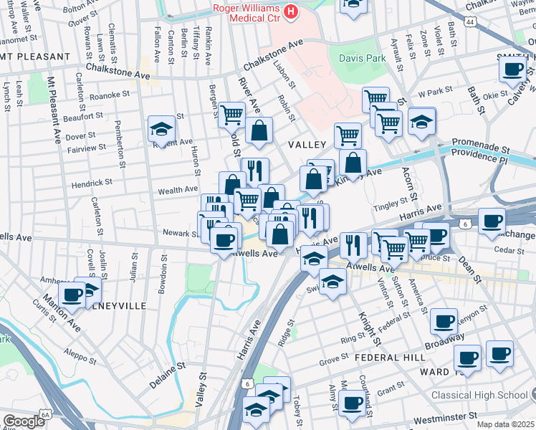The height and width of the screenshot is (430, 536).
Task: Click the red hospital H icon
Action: (291, 11)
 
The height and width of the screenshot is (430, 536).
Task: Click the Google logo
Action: (24, 421)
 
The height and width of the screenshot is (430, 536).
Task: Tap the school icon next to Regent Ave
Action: (162, 129)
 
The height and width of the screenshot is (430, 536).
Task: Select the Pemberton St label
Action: (120, 146)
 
